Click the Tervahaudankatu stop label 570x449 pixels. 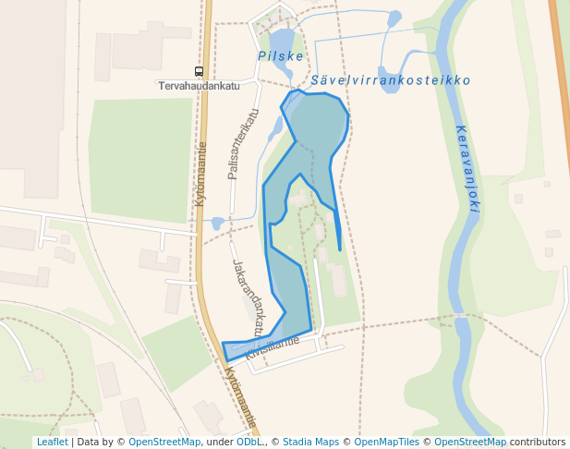(x=199, y=86)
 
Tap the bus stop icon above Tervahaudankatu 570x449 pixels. (x=199, y=71)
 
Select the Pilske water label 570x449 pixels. (x=281, y=56)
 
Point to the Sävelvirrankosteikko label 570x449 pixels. (x=391, y=80)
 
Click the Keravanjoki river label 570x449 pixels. (x=467, y=168)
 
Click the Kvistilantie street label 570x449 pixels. (x=273, y=347)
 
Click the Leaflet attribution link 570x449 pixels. (x=52, y=442)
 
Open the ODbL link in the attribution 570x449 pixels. (x=249, y=442)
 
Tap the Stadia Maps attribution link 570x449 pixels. (x=310, y=442)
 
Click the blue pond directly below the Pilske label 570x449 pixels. (x=283, y=41)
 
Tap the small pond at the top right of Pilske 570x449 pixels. (x=394, y=18)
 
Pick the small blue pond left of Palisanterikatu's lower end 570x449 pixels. (x=218, y=223)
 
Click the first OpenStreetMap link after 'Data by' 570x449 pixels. (x=164, y=442)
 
